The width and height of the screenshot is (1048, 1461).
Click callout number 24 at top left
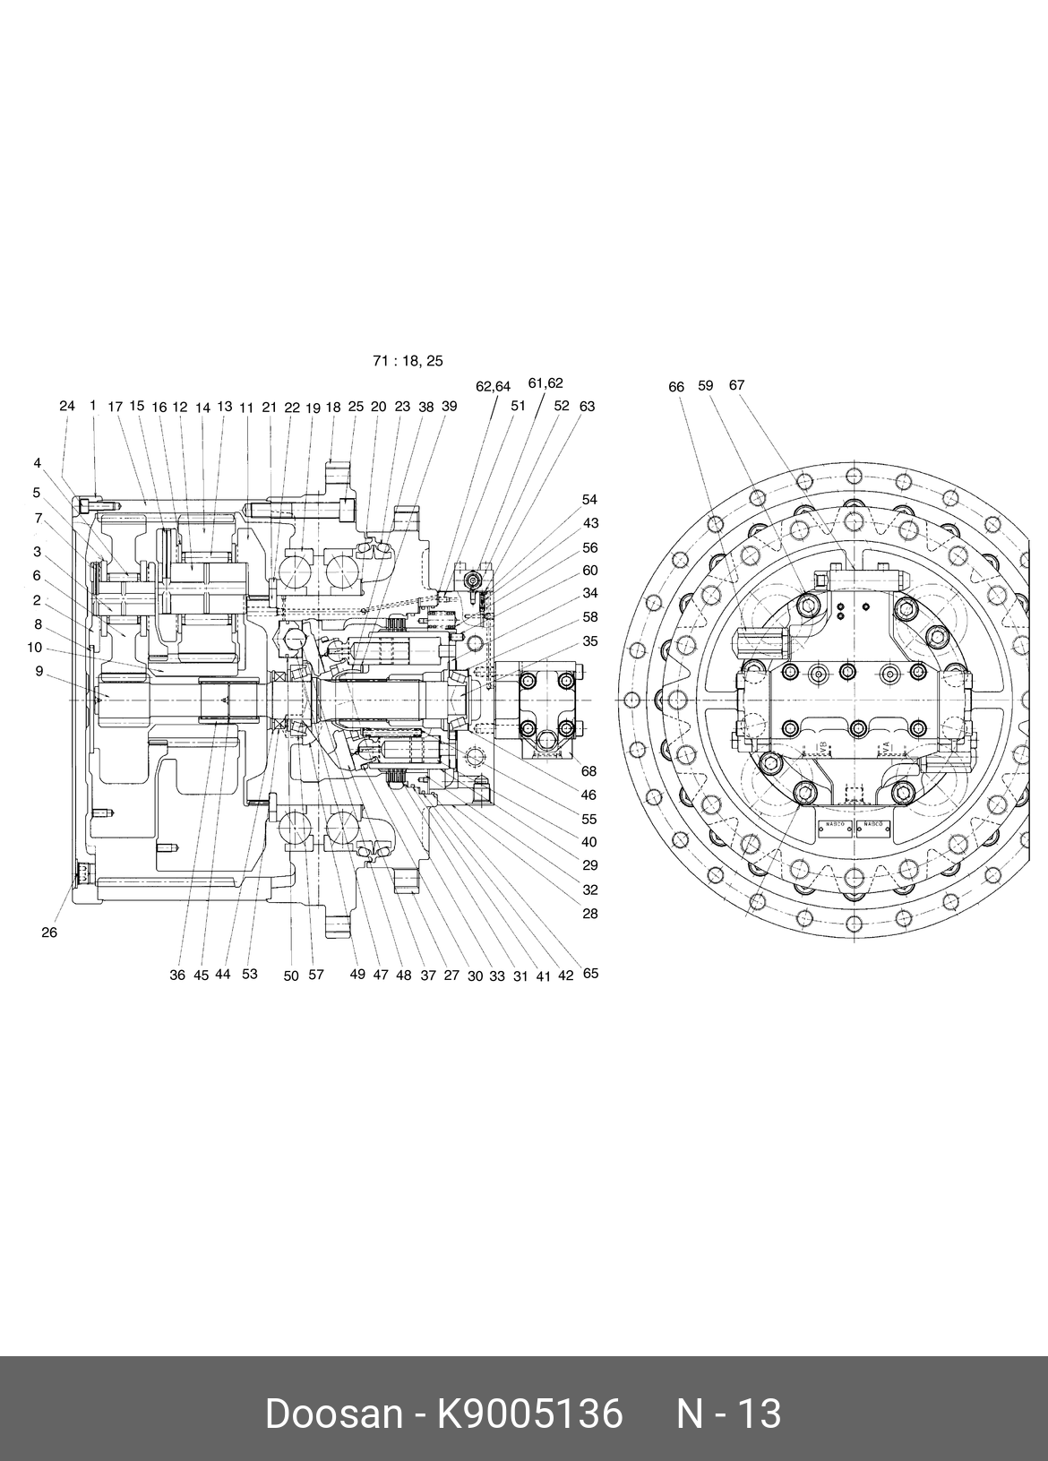[x=67, y=406]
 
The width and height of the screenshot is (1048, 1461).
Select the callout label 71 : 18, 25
[x=408, y=361]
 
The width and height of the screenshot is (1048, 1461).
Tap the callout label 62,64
[x=493, y=387]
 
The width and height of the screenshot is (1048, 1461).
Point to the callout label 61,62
[x=545, y=383]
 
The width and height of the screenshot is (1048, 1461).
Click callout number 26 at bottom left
[x=49, y=932]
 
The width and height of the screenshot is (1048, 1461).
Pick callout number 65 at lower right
[x=590, y=974]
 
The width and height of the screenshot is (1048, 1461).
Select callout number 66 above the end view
[x=676, y=387]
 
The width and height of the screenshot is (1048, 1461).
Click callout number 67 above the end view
[x=736, y=385]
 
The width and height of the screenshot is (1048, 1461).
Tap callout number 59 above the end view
[x=706, y=385]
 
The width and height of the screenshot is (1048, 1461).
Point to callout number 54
[x=589, y=500]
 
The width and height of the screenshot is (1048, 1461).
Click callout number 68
[x=588, y=771]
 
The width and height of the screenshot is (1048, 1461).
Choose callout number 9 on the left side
[x=39, y=670]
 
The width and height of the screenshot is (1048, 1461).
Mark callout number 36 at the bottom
[x=177, y=975]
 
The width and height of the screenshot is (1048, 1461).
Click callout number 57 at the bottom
[x=316, y=975]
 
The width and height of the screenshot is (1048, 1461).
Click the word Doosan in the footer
[x=333, y=1414]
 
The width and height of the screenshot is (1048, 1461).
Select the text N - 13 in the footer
[x=728, y=1414]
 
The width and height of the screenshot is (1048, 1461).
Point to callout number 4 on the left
[x=38, y=463]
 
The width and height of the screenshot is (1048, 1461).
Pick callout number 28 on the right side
[x=589, y=914]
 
